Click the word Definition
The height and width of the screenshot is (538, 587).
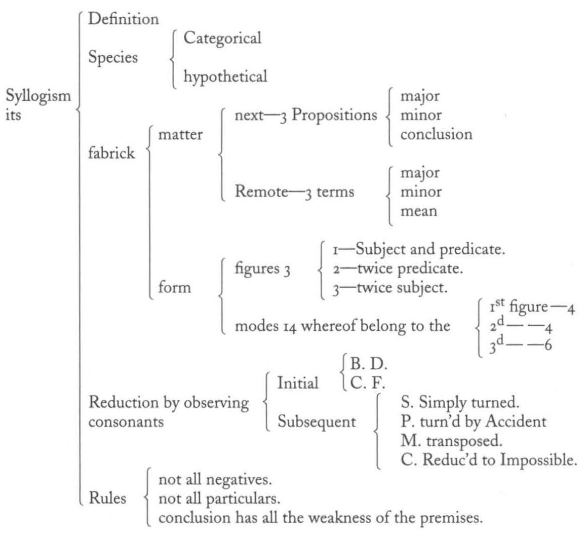[123, 19]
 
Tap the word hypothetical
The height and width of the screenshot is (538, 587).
[225, 77]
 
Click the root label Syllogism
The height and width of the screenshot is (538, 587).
[38, 97]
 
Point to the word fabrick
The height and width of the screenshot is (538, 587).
[111, 153]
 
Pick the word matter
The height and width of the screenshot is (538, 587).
[180, 134]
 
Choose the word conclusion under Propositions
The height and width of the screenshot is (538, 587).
[437, 134]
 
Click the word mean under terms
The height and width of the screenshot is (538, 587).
[419, 211]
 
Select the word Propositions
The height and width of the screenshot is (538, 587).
[334, 116]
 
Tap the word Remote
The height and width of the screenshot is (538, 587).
[261, 191]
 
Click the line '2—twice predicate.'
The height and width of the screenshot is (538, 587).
[398, 269]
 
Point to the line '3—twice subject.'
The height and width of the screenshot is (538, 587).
[389, 288]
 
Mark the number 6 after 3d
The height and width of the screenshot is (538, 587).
[548, 345]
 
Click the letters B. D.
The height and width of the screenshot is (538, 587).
[369, 364]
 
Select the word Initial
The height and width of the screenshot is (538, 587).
[298, 383]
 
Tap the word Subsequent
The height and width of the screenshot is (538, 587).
[317, 422]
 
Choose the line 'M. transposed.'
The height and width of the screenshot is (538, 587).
[451, 441]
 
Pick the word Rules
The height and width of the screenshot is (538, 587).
[107, 498]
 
